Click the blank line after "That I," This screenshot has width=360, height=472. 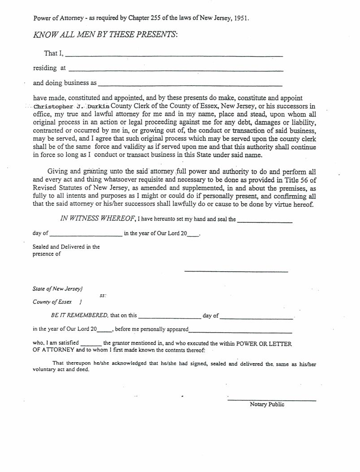(x=174, y=56)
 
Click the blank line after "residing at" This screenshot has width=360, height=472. (x=176, y=70)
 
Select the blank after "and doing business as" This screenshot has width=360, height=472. (x=190, y=85)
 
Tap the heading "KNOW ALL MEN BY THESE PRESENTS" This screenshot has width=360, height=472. (x=105, y=35)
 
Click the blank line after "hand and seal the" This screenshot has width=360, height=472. (x=265, y=221)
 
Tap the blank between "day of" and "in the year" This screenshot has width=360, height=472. (x=86, y=235)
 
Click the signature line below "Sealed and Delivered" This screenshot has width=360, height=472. (x=236, y=271)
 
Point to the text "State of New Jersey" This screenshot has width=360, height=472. (x=57, y=289)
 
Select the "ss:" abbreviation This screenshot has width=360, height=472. (x=103, y=296)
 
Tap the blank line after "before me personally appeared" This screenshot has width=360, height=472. (x=240, y=332)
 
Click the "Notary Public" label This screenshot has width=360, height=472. (x=267, y=404)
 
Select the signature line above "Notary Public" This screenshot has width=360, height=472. (x=272, y=399)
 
